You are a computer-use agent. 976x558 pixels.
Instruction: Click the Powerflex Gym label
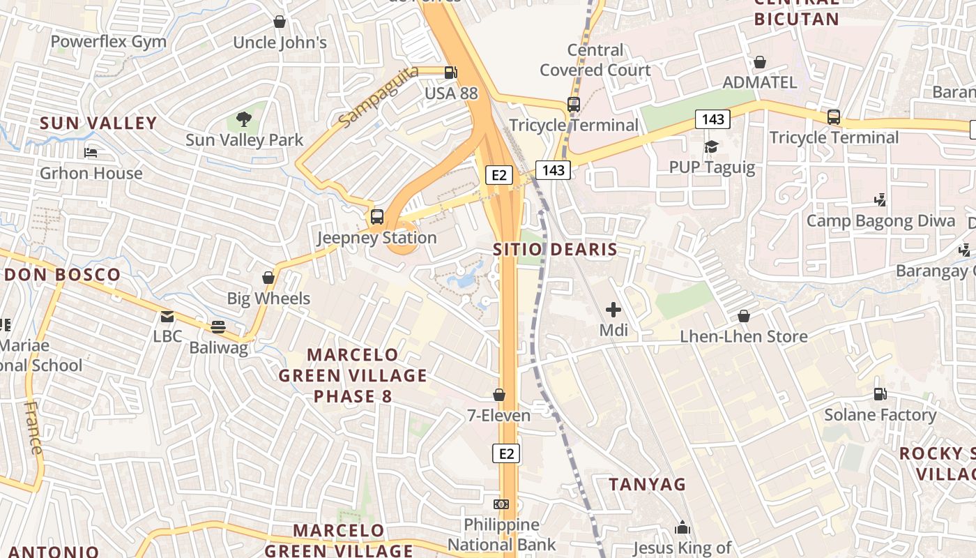click(x=109, y=42)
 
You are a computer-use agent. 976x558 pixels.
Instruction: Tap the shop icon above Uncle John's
click(x=280, y=22)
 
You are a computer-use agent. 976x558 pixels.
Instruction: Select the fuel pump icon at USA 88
click(x=451, y=71)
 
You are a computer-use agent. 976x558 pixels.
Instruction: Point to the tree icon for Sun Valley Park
click(x=244, y=119)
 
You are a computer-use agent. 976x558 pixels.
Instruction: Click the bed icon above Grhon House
click(x=91, y=152)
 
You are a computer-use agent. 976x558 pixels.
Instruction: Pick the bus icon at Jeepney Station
click(x=377, y=217)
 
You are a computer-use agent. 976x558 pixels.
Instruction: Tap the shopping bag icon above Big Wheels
click(x=268, y=278)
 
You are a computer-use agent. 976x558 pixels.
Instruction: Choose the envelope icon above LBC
click(x=167, y=317)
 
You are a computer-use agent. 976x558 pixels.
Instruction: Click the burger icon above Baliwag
click(x=218, y=326)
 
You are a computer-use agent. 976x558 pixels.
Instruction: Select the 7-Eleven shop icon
click(x=499, y=395)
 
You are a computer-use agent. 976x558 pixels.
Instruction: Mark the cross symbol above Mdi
click(x=613, y=309)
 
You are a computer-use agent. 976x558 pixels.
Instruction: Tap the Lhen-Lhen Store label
click(x=744, y=337)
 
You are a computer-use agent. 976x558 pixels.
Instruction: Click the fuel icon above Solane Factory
click(x=880, y=394)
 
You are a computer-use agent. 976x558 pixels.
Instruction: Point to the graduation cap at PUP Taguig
click(x=711, y=146)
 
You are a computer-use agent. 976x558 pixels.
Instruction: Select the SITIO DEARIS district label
click(x=556, y=249)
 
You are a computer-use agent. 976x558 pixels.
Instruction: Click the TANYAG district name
click(x=648, y=484)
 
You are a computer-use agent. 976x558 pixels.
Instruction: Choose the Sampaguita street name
click(x=379, y=97)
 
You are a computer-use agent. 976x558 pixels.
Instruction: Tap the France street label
click(x=33, y=427)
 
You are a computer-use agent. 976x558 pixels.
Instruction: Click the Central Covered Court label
click(x=595, y=60)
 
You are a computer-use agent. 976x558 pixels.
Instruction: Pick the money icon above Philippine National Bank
click(x=501, y=504)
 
